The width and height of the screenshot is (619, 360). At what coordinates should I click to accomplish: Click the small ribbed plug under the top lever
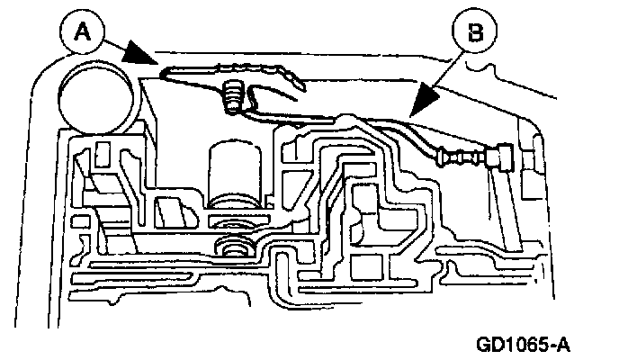click(x=232, y=95)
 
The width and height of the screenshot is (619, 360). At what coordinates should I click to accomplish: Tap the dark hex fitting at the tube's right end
click(x=498, y=157)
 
